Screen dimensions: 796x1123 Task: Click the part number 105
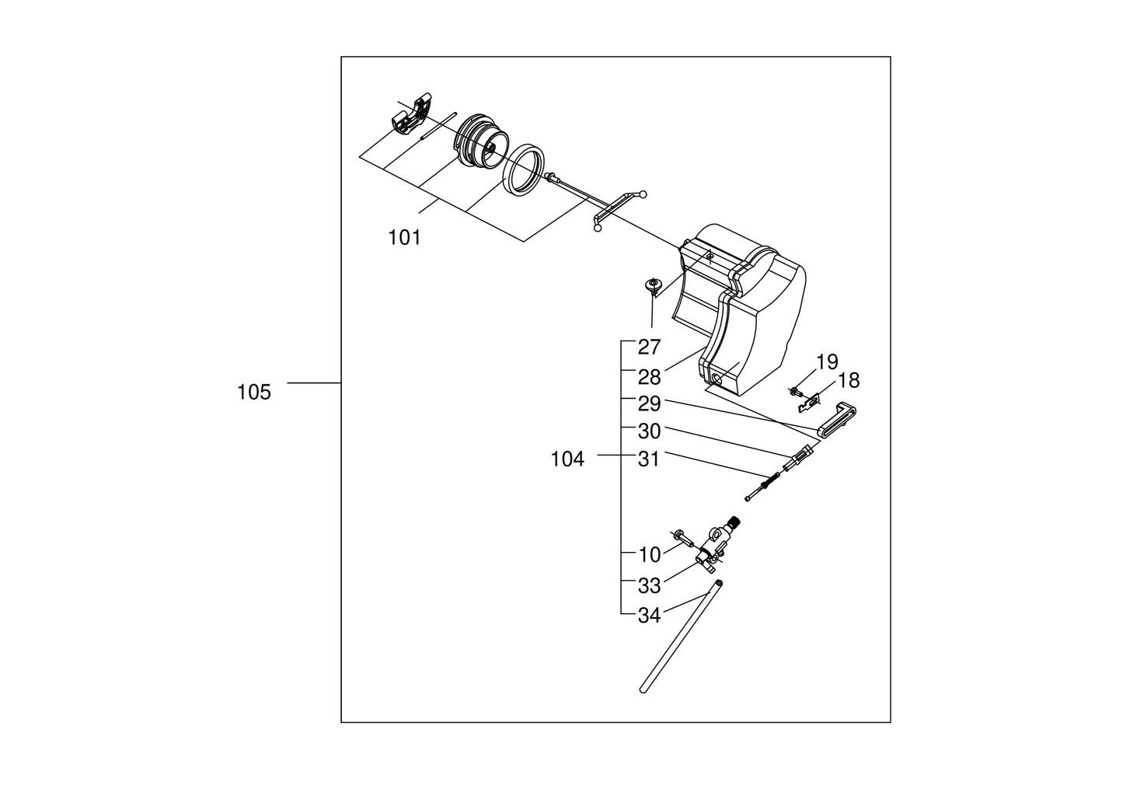pyautogui.click(x=254, y=393)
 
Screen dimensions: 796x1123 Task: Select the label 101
pyautogui.click(x=404, y=238)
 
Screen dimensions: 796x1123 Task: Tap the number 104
pyautogui.click(x=567, y=459)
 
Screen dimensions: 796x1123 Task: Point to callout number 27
pyautogui.click(x=649, y=347)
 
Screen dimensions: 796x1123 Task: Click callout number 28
pyautogui.click(x=649, y=377)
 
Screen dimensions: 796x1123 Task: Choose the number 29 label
pyautogui.click(x=649, y=404)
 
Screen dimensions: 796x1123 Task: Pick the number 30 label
pyautogui.click(x=649, y=431)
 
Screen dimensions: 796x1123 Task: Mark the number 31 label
pyautogui.click(x=649, y=459)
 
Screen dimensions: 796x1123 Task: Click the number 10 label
pyautogui.click(x=649, y=555)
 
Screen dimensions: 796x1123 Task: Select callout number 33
pyautogui.click(x=649, y=585)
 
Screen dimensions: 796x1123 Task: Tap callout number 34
pyautogui.click(x=649, y=616)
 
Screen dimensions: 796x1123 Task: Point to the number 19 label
pyautogui.click(x=828, y=361)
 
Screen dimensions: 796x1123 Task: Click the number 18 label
pyautogui.click(x=849, y=381)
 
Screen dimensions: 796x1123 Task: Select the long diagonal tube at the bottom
pyautogui.click(x=676, y=637)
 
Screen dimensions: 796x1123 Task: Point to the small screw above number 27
pyautogui.click(x=653, y=285)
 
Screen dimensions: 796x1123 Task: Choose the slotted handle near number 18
pyautogui.click(x=839, y=420)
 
